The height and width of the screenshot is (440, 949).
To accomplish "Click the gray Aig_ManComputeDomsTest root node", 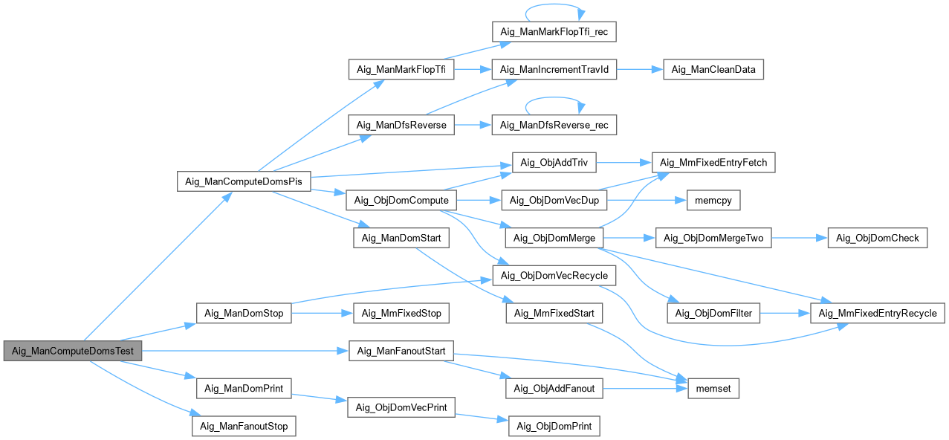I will pos(72,351).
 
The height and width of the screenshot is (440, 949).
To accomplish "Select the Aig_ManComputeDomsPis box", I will pos(243,181).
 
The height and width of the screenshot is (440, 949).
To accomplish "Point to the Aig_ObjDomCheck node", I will pos(878,238).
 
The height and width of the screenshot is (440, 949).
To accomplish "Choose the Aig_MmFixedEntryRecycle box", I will pos(877,313).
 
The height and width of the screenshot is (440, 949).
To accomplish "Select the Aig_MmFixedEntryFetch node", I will pos(713,163).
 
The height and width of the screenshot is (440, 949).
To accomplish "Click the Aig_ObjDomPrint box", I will pos(554,426).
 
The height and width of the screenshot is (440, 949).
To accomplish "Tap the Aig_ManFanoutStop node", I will pos(244,426).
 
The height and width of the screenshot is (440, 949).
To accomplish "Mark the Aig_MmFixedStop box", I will pos(401,313).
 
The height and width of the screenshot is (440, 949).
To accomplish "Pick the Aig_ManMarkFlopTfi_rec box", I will pos(554,32).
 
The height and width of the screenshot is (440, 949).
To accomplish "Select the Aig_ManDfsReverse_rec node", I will pos(554,125).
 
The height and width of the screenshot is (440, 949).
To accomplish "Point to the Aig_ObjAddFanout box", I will pos(554,388).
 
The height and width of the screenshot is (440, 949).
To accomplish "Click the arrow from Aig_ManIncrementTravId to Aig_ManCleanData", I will pos(636,69).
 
